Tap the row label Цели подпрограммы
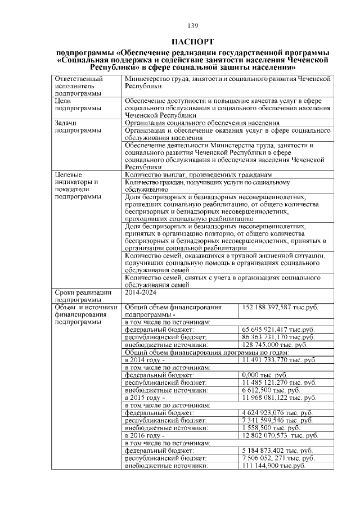point(78,104)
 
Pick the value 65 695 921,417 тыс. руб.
point(277,329)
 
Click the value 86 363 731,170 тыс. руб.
point(278,337)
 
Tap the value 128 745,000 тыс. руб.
point(274,345)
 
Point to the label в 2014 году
point(145,359)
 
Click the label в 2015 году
point(145,398)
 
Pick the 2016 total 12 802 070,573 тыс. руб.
point(280,436)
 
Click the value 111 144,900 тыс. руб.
point(273,466)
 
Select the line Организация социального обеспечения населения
point(202,123)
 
